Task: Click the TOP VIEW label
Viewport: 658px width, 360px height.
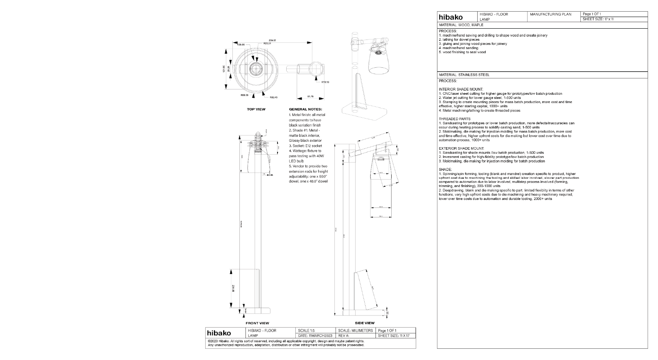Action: pyautogui.click(x=256, y=109)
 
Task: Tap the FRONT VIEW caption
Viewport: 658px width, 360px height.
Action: pyautogui.click(x=257, y=323)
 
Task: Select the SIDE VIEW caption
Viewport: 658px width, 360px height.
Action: pyautogui.click(x=364, y=323)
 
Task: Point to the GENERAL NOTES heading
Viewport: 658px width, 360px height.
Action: pyautogui.click(x=305, y=109)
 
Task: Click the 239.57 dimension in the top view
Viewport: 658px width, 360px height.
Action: pyautogui.click(x=273, y=40)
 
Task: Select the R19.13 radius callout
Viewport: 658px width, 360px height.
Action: pyautogui.click(x=325, y=82)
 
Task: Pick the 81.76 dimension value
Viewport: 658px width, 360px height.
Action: pyautogui.click(x=310, y=96)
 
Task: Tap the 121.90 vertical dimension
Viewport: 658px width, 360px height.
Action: pyautogui.click(x=224, y=69)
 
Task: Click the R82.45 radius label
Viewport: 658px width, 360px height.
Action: pyautogui.click(x=273, y=97)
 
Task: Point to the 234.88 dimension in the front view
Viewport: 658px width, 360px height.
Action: pyautogui.click(x=233, y=288)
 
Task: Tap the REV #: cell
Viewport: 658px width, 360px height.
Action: pyautogui.click(x=345, y=335)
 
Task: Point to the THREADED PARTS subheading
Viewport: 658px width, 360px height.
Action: pyautogui.click(x=454, y=119)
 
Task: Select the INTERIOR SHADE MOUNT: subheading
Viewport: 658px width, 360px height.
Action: pyautogui.click(x=461, y=89)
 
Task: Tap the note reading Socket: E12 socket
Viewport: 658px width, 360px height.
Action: pyautogui.click(x=305, y=146)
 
